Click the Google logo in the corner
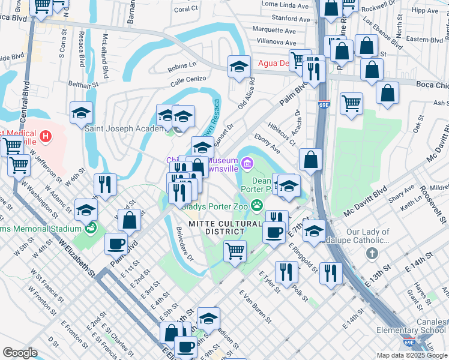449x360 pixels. click(20, 353)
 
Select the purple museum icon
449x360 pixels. click(247, 163)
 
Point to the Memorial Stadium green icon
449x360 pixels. click(91, 228)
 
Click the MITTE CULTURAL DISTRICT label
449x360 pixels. click(225, 228)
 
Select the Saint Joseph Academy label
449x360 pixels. click(124, 128)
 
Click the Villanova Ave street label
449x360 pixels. click(274, 43)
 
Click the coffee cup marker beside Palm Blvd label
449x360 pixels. click(116, 244)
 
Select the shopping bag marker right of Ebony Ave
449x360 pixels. click(310, 160)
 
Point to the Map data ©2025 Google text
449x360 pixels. click(411, 355)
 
